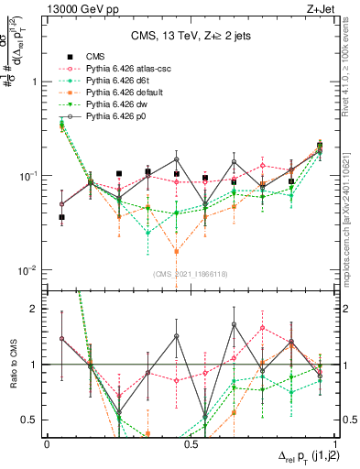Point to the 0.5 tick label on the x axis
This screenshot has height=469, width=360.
[x=190, y=442]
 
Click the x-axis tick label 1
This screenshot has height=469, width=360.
[x=333, y=442]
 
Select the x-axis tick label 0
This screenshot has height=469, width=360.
[x=47, y=442]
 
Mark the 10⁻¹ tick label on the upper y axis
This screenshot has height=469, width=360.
[x=28, y=176]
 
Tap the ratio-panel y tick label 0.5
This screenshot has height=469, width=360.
[x=31, y=420]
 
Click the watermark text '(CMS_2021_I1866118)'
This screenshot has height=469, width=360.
[x=189, y=275]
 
